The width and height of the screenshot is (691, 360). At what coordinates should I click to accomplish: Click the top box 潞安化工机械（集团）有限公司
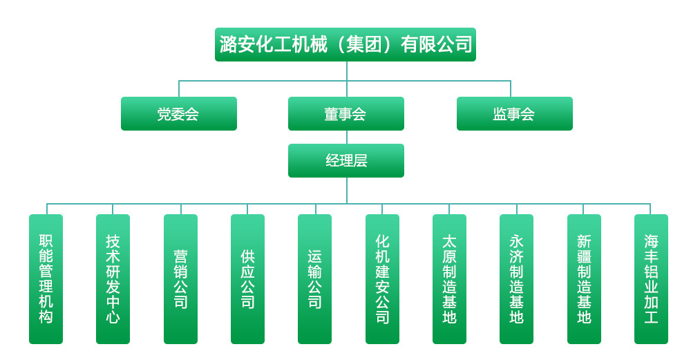345,44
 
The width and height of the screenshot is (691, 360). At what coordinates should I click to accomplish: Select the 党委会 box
179,114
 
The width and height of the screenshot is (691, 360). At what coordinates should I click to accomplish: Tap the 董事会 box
346,114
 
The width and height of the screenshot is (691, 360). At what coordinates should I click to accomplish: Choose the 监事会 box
515,114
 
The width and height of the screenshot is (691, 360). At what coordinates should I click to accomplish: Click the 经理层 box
346,161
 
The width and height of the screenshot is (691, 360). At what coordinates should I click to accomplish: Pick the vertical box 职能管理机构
46,279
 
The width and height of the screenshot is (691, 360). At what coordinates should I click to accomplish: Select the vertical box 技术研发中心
113,279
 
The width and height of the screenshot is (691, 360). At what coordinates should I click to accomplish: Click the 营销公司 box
180,279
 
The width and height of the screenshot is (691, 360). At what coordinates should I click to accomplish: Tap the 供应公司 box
247,279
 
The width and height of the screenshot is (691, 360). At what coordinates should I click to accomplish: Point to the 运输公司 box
314,279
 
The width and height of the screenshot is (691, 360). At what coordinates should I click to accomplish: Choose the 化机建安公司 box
382,279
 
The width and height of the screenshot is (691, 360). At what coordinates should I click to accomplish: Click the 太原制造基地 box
449,279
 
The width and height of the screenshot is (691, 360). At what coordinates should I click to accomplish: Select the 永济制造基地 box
516,279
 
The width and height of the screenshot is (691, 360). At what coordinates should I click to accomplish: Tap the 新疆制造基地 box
584,279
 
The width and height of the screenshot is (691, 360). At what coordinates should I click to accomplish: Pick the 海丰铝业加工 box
651,279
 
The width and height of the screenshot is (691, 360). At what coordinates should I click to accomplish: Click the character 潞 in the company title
228,44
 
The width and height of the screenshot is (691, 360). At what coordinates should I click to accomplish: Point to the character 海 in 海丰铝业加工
651,241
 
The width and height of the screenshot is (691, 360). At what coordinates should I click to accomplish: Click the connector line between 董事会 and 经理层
347,137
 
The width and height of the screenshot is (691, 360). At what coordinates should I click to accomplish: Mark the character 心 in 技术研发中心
113,317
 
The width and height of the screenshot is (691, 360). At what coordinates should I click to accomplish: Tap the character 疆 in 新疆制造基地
584,256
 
